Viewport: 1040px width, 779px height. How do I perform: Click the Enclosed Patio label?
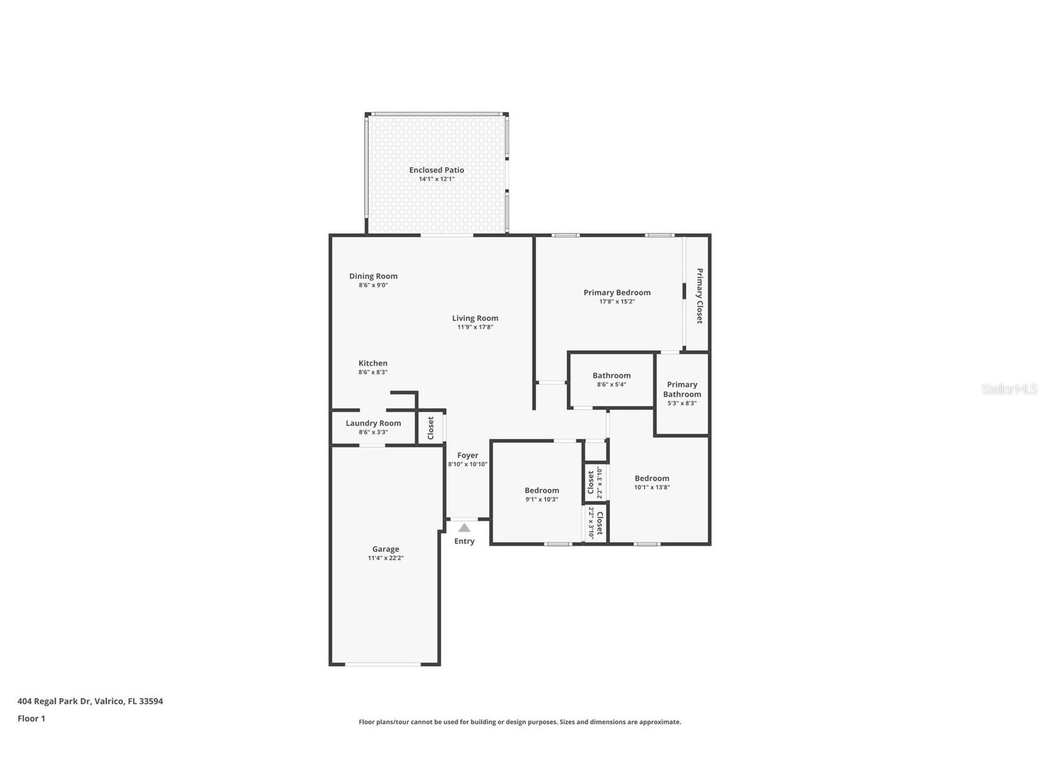tap(436, 170)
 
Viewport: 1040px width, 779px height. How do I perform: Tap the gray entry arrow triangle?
tap(465, 528)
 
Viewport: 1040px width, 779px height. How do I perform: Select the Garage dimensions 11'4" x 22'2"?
tap(385, 558)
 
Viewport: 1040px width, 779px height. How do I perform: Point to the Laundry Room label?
tap(373, 423)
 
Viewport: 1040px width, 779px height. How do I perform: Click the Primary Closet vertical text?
tap(699, 296)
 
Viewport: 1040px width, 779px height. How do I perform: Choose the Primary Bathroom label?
tap(682, 389)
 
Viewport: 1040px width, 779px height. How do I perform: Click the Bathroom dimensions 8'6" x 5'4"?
tap(611, 385)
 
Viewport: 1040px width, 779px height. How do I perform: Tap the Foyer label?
tap(468, 455)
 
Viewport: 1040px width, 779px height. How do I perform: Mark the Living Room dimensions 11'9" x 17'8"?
tap(475, 327)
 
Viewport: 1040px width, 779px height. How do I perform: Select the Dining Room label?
tap(373, 276)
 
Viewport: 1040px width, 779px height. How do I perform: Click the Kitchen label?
tap(373, 363)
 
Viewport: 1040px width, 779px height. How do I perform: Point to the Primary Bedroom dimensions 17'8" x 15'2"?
tap(617, 301)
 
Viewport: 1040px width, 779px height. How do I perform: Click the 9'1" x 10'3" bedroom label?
tap(542, 491)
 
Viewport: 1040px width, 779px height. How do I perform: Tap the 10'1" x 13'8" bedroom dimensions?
tap(651, 487)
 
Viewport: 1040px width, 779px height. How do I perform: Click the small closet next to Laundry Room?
tap(430, 427)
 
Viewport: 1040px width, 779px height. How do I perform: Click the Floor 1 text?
tap(31, 718)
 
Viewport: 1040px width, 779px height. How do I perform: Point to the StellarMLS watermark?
tap(1009, 389)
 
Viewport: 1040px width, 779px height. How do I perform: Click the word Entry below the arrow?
tap(464, 541)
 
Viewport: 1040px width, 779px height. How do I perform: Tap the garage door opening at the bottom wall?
tap(383, 664)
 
